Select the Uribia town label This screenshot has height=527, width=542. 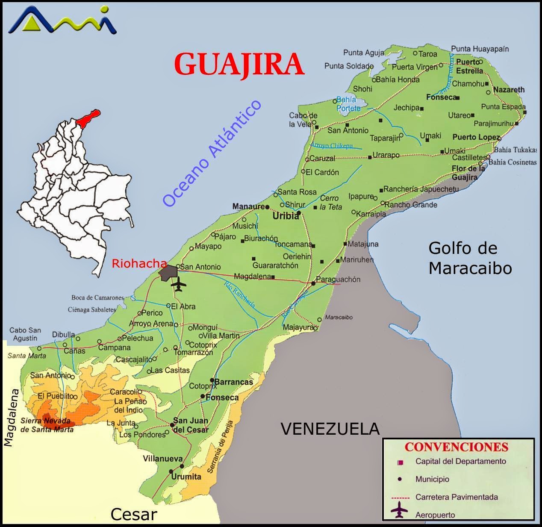(x=286, y=216)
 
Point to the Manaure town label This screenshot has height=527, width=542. (x=248, y=206)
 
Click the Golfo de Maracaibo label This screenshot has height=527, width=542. (x=470, y=258)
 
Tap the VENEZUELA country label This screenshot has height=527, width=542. (x=330, y=428)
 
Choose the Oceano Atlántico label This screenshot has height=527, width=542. (x=212, y=153)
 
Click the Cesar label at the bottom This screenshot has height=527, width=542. (x=134, y=514)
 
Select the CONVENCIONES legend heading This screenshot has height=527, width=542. (x=456, y=447)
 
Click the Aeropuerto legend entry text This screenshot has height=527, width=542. (x=435, y=515)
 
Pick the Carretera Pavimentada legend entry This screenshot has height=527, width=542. (x=457, y=497)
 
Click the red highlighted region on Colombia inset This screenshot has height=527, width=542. (x=90, y=117)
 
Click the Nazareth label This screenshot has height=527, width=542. (x=509, y=90)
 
